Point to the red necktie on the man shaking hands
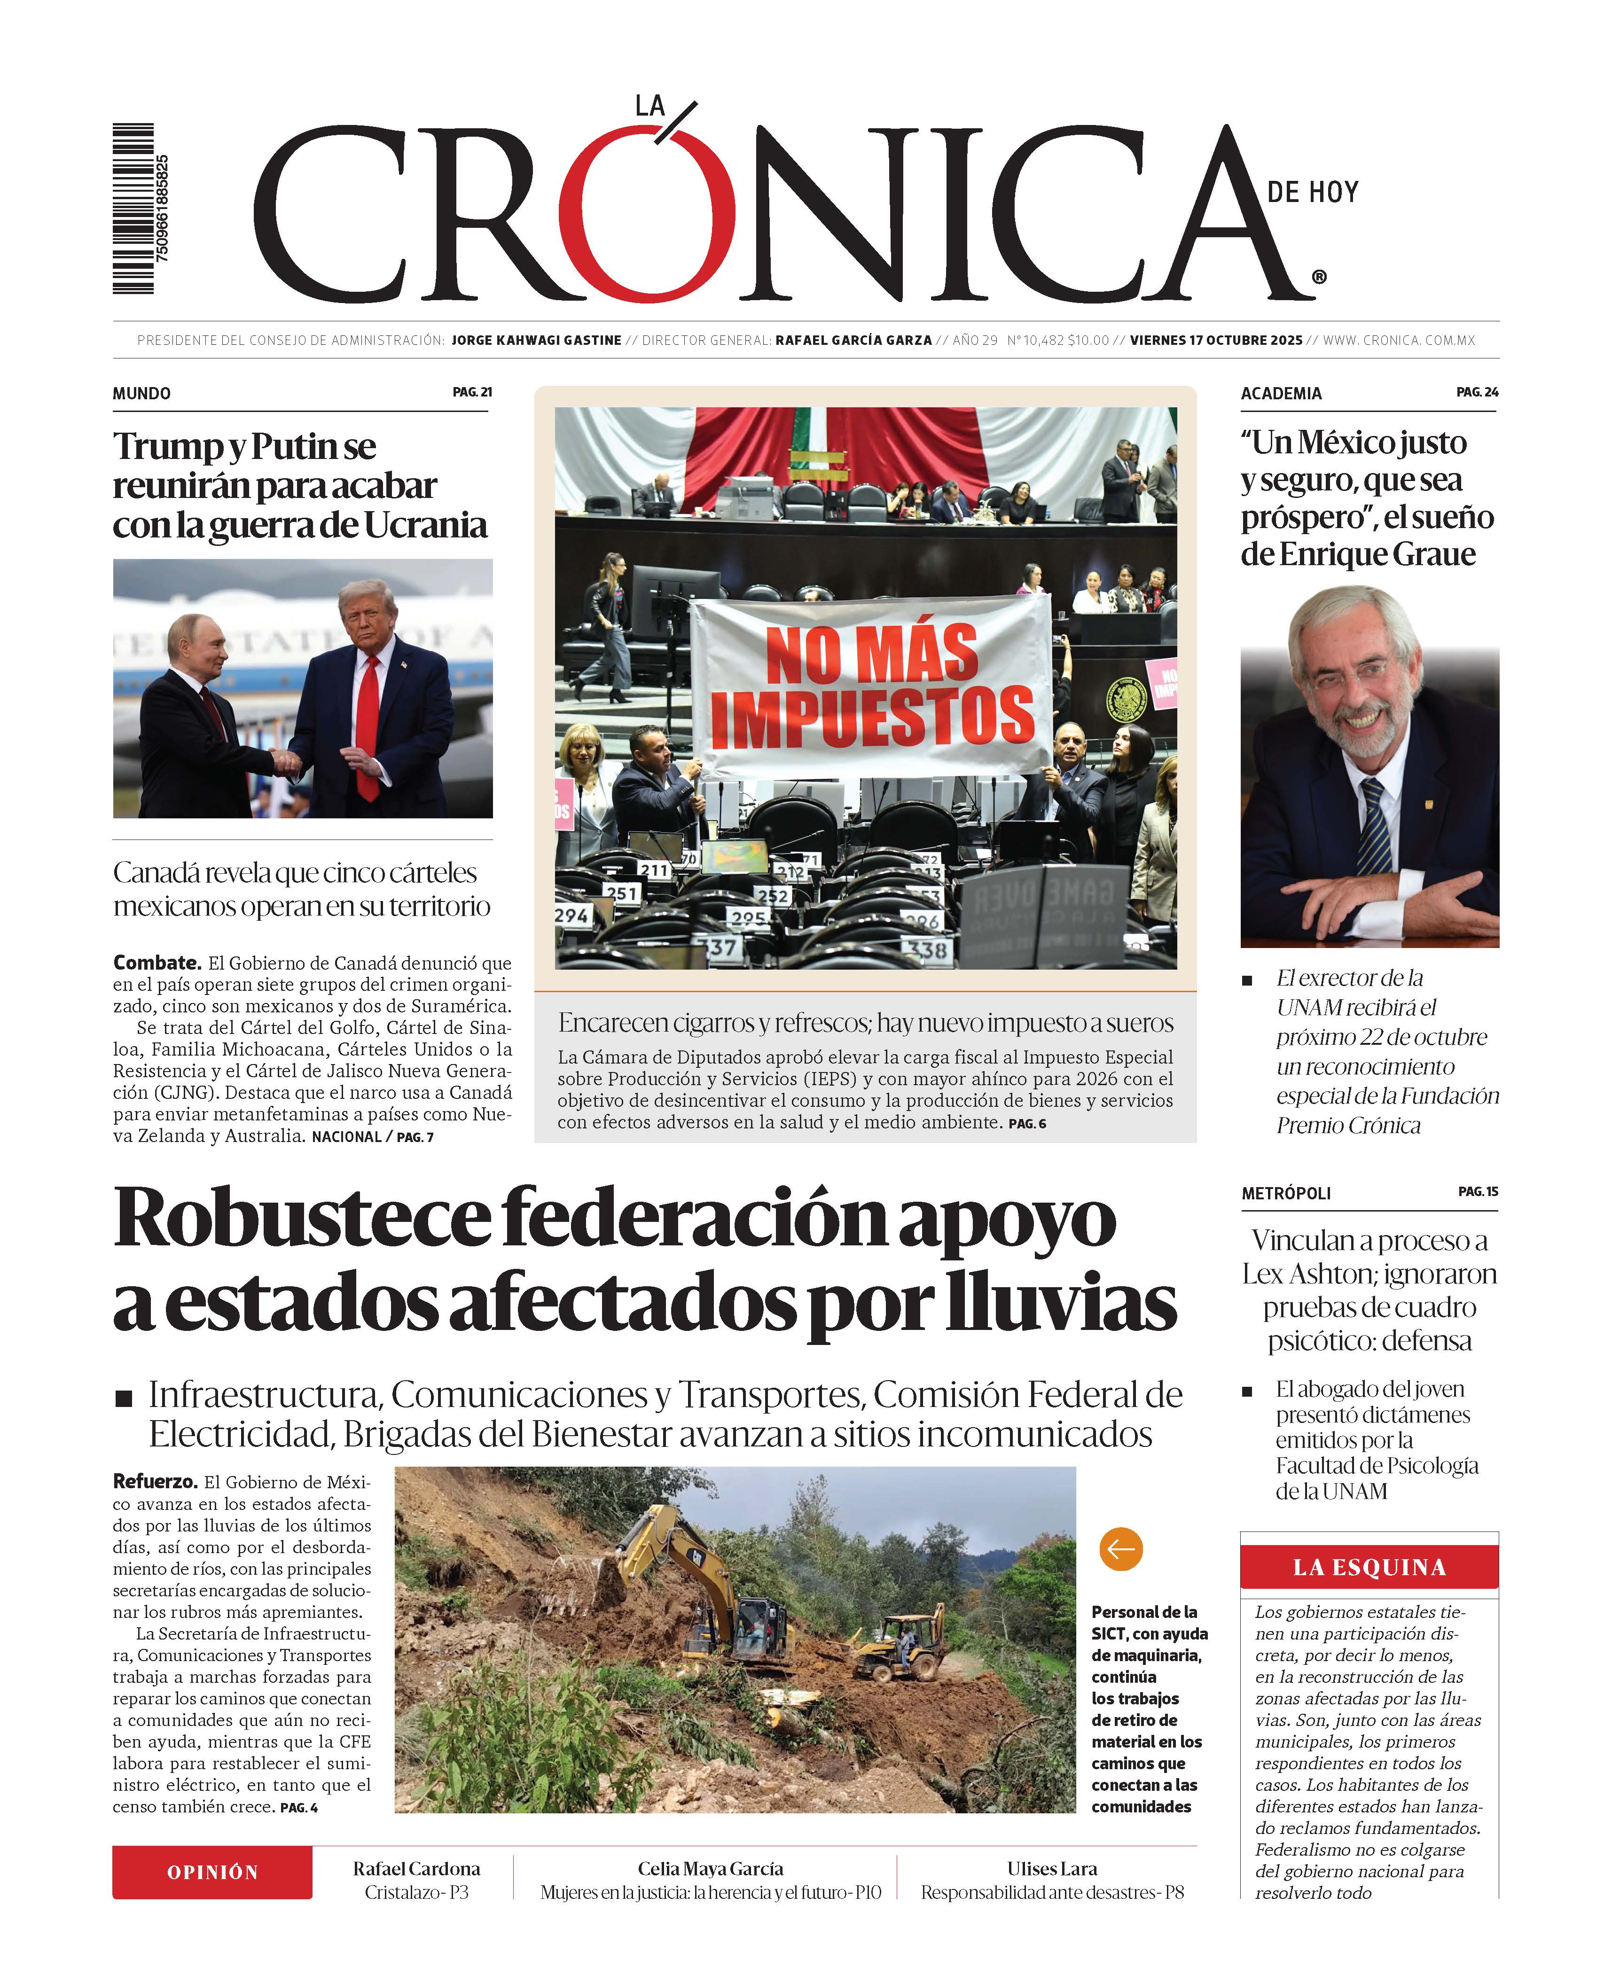click(x=368, y=724)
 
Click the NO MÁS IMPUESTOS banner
click(x=871, y=687)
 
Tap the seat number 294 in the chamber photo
click(x=571, y=915)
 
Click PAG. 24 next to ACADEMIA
click(x=1477, y=393)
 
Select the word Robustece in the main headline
click(x=302, y=1219)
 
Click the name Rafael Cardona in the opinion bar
click(x=416, y=1868)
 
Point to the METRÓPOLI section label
click(x=1286, y=1193)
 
